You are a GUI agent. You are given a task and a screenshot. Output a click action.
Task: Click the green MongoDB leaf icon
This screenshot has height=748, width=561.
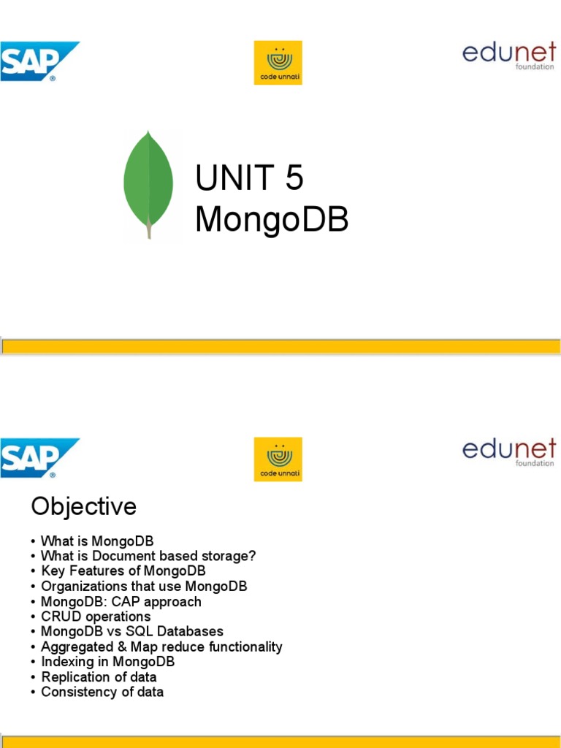(148, 184)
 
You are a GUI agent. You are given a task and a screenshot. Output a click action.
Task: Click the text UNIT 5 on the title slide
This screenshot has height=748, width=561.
(249, 179)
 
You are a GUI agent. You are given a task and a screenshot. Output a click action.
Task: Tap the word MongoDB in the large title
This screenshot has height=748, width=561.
(271, 220)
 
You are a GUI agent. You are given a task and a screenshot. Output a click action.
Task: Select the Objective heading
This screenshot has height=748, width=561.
(83, 506)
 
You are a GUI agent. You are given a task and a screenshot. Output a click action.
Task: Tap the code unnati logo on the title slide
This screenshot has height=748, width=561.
(278, 63)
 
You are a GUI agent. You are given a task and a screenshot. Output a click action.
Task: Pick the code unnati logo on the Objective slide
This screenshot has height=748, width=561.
(278, 459)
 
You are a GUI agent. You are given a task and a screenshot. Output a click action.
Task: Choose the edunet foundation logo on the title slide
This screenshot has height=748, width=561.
(508, 56)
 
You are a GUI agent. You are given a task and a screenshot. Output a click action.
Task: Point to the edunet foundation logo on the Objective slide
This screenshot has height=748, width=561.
(508, 452)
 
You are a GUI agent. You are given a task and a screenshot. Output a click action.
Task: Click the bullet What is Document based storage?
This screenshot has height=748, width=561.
(148, 556)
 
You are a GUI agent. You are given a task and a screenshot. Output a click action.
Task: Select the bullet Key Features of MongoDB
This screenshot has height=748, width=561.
(123, 571)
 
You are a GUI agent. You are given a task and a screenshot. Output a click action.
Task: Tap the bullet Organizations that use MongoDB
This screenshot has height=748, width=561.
(144, 587)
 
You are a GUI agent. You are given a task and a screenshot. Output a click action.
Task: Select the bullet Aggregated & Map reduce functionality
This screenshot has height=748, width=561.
(161, 647)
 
